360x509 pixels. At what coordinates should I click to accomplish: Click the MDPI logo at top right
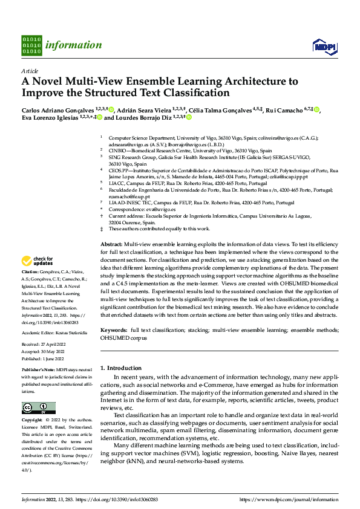[x=324, y=47]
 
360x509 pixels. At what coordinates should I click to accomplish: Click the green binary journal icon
[x=31, y=45]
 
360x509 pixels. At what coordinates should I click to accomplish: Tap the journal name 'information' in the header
[x=73, y=45]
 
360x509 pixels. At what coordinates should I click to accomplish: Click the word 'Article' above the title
[x=30, y=71]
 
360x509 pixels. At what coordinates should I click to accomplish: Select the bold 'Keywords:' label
[x=114, y=331]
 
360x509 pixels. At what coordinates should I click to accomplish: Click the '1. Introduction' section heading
[x=120, y=368]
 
